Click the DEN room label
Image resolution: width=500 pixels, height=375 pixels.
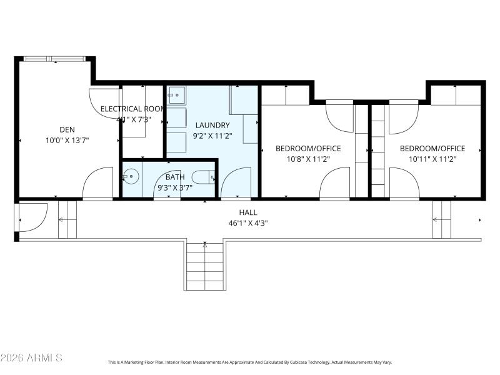(x=67, y=129)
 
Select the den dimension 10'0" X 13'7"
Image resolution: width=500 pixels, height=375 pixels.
(x=67, y=141)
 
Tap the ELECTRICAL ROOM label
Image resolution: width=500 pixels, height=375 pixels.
(x=132, y=109)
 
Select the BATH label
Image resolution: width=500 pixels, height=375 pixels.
(x=175, y=177)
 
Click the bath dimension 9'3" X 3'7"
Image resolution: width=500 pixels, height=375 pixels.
(x=175, y=187)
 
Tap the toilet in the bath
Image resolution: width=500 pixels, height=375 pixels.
(x=203, y=177)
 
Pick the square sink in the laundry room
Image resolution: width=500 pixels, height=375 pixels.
(x=176, y=96)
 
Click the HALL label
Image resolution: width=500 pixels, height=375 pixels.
(x=248, y=212)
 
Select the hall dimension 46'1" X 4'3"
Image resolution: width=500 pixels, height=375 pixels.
(x=248, y=223)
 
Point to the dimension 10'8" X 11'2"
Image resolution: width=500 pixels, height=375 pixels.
(x=308, y=159)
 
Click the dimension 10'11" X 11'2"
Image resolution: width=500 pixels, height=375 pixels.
(x=432, y=159)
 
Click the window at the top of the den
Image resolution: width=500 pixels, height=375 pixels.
(x=54, y=59)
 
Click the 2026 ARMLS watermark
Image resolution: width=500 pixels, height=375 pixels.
(x=31, y=358)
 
